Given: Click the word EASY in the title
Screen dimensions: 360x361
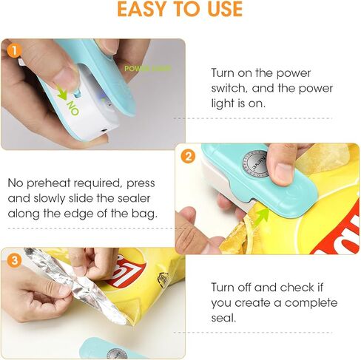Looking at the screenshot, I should click(x=147, y=10).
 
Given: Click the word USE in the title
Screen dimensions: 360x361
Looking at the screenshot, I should click(x=223, y=10).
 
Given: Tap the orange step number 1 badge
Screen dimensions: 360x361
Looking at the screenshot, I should click(x=13, y=51).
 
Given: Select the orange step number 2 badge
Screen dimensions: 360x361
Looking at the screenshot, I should click(x=188, y=156).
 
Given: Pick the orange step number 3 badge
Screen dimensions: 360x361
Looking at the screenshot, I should click(x=13, y=260).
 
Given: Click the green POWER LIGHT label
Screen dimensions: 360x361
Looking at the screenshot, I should click(x=146, y=68).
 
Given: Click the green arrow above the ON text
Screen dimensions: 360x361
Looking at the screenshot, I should click(x=61, y=95).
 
